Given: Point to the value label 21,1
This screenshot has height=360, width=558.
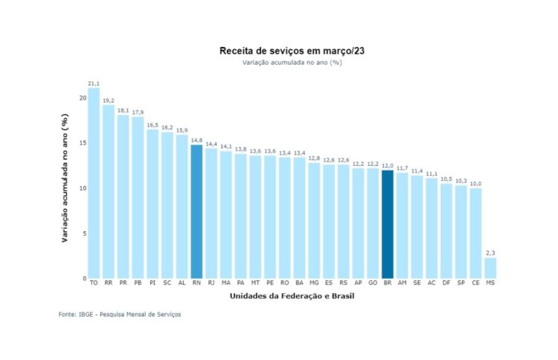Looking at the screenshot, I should [94, 83].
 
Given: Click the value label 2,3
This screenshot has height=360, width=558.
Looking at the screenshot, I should [490, 253].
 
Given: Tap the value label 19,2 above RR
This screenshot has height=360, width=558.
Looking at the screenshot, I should [109, 100].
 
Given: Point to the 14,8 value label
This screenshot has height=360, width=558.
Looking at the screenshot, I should [196, 140].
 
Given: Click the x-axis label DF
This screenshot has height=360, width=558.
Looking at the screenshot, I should [446, 283].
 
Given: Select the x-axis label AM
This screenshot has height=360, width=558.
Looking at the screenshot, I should [403, 283].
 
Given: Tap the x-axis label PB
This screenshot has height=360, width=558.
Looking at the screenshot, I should [138, 283].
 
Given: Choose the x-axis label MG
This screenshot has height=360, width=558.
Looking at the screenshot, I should [314, 283].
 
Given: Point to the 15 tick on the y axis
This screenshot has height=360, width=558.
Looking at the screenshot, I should [83, 143].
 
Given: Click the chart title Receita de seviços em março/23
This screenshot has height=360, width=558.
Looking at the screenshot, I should [292, 51].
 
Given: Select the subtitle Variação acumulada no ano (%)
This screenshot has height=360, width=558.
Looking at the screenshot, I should [292, 62].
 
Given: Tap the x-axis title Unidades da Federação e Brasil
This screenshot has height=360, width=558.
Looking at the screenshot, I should [292, 297].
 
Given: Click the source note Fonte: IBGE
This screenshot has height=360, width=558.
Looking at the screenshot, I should [120, 315].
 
